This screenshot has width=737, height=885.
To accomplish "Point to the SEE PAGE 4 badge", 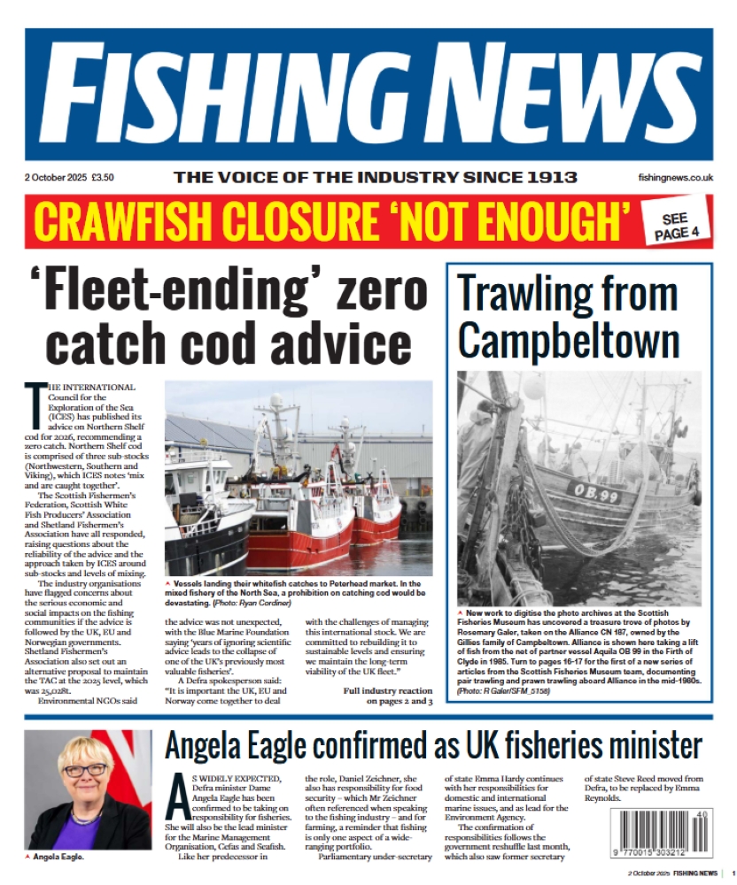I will point(675,227).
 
